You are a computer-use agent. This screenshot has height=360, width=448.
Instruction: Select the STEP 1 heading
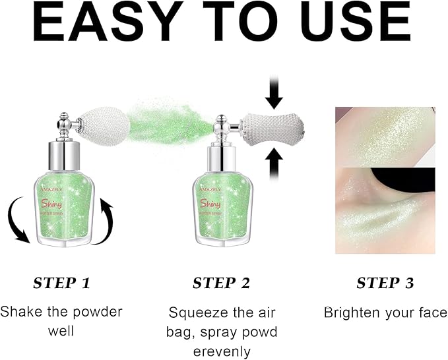[61, 284]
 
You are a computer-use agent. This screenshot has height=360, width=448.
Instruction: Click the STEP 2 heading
[222, 284]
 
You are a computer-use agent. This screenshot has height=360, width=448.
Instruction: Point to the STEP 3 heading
[385, 284]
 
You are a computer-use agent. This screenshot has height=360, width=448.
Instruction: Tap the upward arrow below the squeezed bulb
[274, 162]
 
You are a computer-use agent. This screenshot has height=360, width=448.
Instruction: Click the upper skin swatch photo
[385, 136]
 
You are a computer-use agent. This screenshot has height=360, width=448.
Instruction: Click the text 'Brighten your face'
[385, 312]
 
